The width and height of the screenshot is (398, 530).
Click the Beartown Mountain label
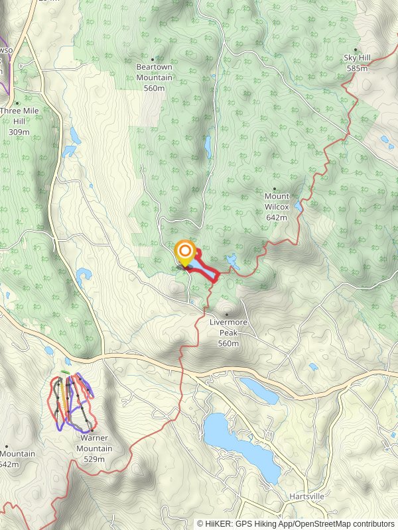(154, 72)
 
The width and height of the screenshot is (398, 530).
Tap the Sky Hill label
(356, 58)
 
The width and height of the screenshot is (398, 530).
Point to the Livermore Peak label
(228, 323)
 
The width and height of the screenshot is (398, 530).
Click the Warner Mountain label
(95, 444)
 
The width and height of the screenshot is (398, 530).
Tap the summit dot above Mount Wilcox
(275, 189)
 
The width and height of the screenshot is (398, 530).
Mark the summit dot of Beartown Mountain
(154, 59)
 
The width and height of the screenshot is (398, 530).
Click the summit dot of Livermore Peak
(227, 315)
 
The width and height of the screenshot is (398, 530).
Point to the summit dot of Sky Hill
(356, 50)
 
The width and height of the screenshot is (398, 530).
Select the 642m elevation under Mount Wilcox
(277, 217)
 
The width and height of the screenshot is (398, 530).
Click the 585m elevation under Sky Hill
(356, 68)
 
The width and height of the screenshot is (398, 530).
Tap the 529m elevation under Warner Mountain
(95, 458)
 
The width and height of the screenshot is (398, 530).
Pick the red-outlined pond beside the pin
(204, 270)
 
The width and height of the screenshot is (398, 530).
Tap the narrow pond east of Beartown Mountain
(208, 146)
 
